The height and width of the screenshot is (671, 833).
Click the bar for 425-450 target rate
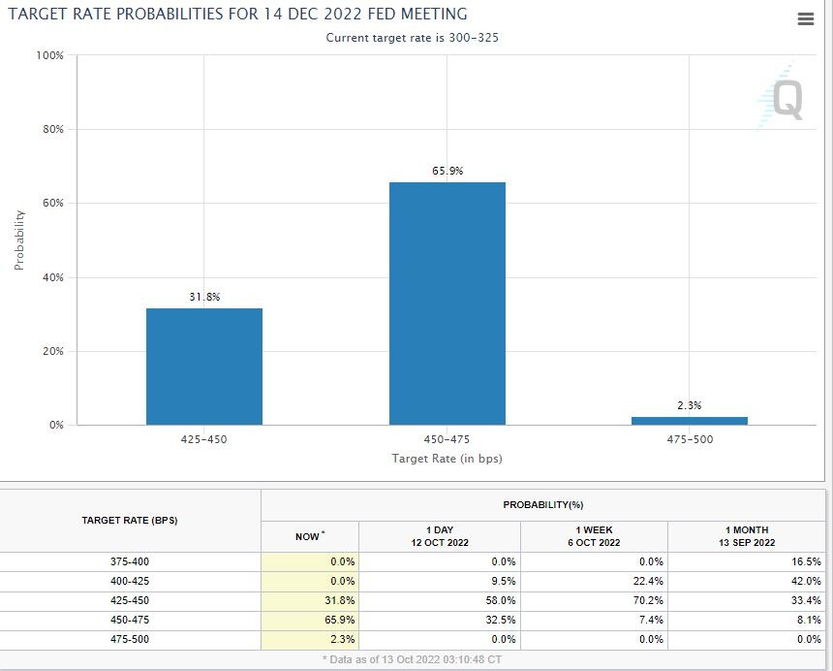204,367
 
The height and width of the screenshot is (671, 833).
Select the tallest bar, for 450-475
447,304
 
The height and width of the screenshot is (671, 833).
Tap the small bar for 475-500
689,421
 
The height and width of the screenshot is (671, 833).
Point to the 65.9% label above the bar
447,171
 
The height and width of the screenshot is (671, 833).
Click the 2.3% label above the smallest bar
689,405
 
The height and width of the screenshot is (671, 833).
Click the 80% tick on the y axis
52,129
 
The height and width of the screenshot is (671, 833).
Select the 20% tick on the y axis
52,351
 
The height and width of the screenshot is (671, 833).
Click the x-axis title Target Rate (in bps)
447,458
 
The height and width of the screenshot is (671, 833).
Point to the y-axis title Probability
19,240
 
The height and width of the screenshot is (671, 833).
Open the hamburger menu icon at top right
805,19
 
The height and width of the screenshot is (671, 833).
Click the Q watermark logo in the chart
783,98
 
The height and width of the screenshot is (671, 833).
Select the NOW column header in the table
309,536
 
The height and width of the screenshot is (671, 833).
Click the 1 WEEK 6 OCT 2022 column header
594,536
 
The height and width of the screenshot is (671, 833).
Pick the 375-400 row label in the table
130,561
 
